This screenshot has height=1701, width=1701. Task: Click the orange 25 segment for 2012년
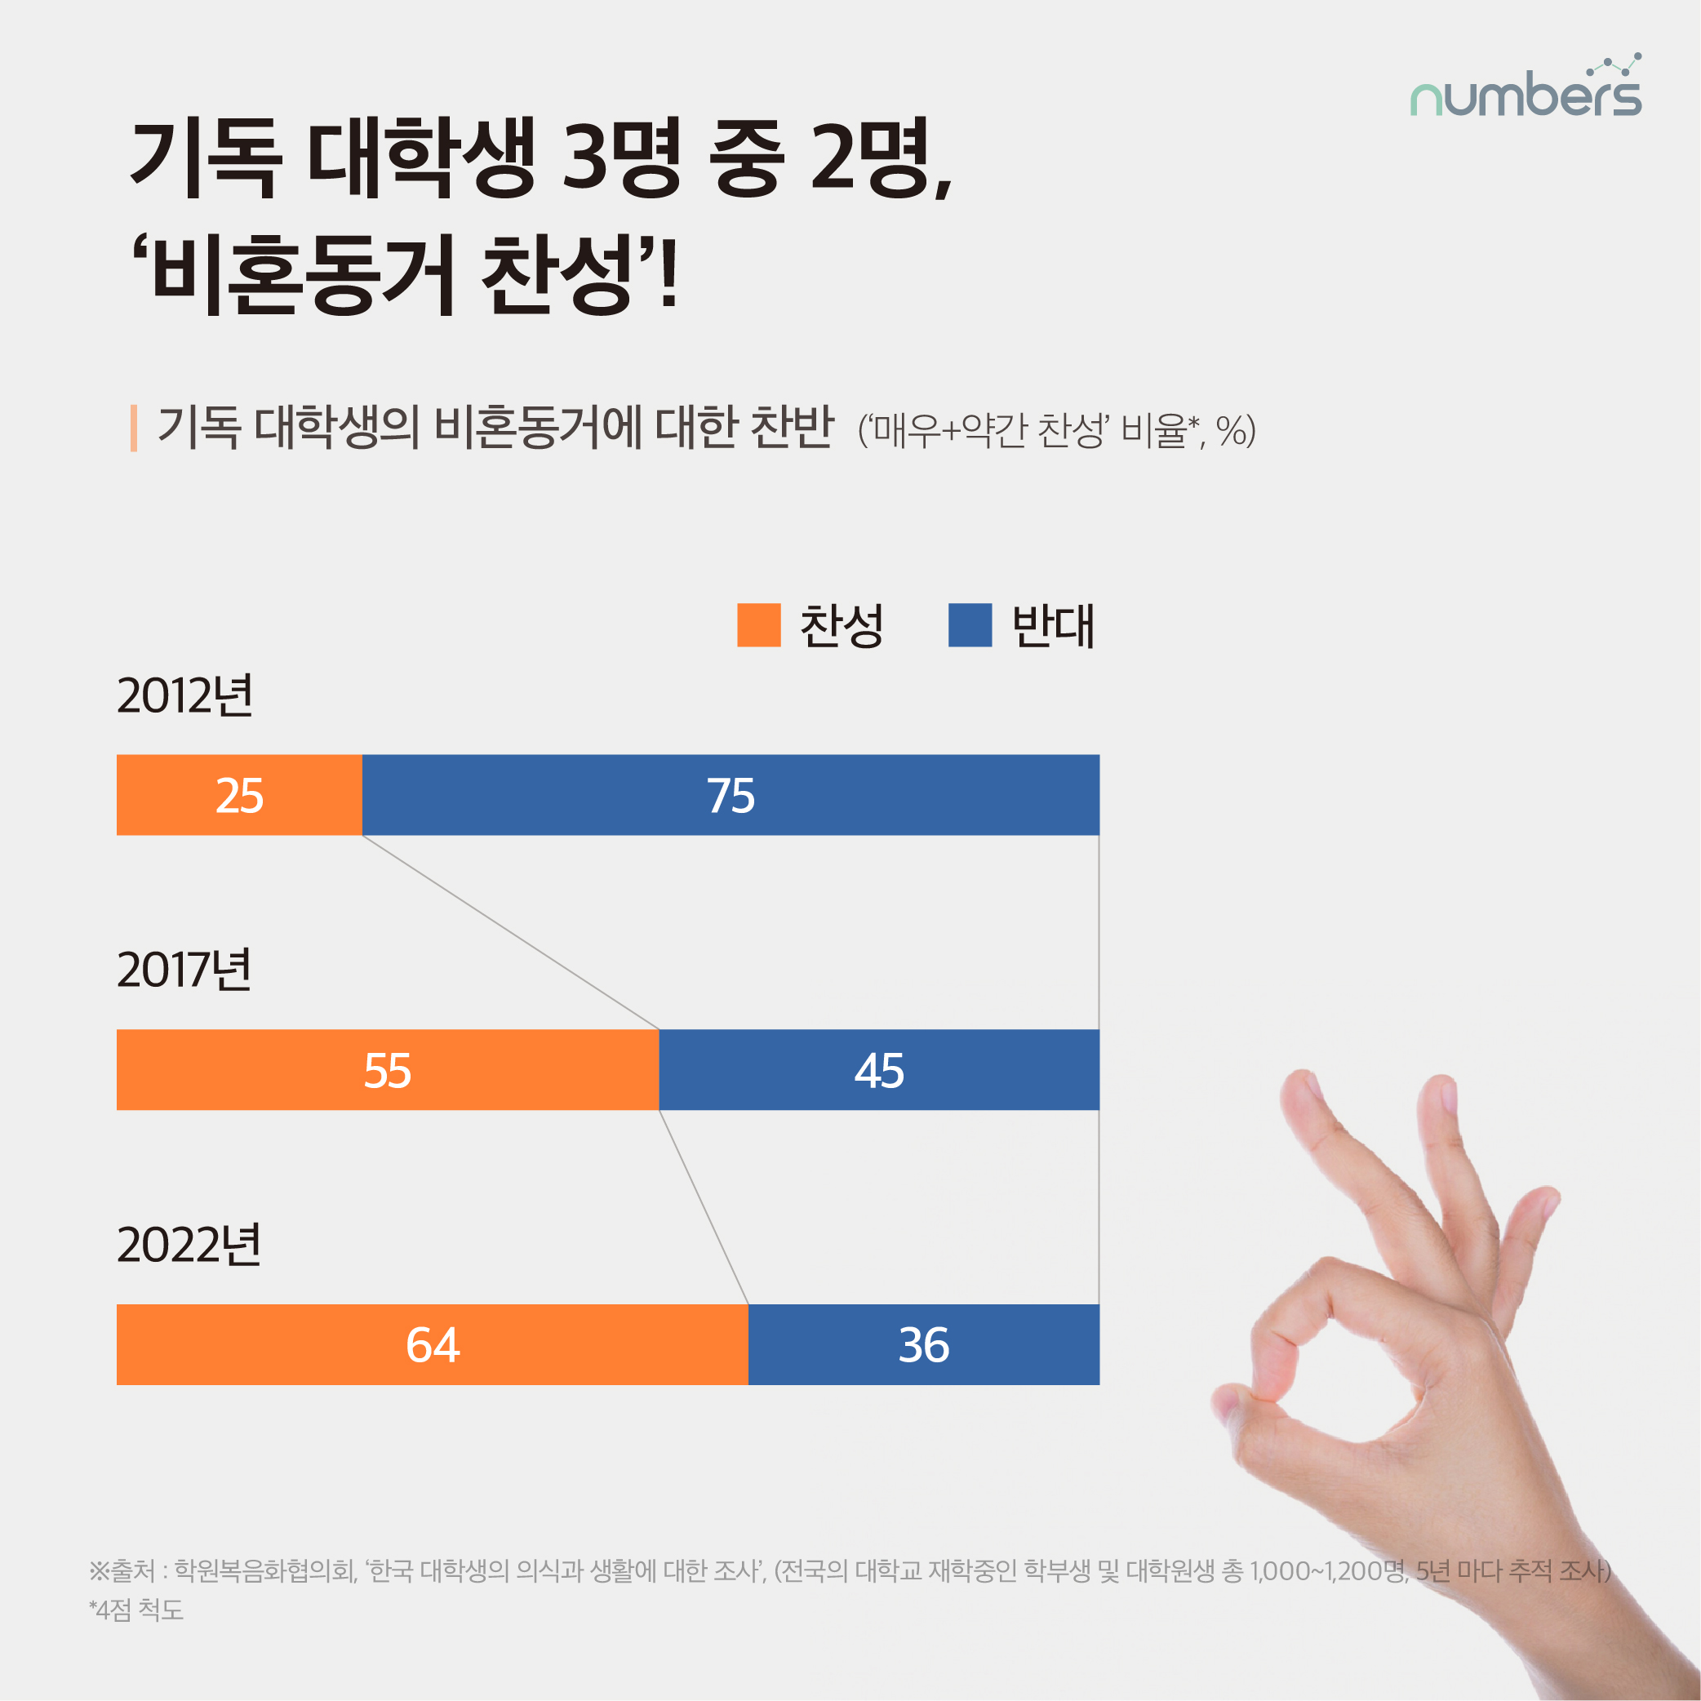click(238, 794)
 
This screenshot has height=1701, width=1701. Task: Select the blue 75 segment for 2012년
click(730, 794)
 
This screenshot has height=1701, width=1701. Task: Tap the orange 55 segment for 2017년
click(388, 1069)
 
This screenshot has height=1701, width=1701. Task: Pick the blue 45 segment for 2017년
click(879, 1069)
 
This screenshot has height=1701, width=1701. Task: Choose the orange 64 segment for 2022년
click(432, 1343)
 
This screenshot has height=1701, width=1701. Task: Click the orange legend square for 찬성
click(758, 625)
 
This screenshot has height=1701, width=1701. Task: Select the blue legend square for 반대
click(970, 625)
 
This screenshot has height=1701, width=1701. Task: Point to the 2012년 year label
click(185, 695)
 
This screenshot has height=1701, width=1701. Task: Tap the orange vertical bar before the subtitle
click(134, 428)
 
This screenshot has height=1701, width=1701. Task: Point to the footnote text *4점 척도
click(136, 1610)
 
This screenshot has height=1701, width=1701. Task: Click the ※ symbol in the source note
click(99, 1570)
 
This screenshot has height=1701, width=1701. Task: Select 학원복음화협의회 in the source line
click(264, 1570)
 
